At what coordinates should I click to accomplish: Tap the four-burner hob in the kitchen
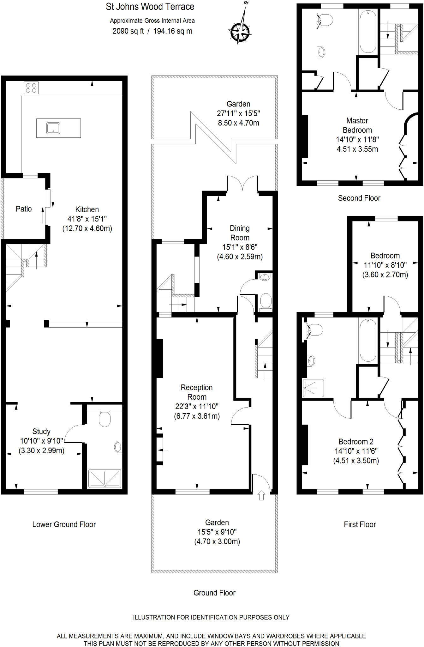(31, 88)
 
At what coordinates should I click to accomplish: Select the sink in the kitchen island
(53, 128)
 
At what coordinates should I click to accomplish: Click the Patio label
(24, 209)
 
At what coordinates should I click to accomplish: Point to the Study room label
(41, 432)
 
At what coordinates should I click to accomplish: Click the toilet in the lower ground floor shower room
(105, 419)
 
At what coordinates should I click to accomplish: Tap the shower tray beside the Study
(105, 478)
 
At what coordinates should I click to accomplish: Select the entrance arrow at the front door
(261, 495)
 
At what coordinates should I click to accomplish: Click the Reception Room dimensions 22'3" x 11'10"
(197, 407)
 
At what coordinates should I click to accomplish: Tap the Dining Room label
(240, 233)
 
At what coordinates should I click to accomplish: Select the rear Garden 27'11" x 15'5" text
(238, 113)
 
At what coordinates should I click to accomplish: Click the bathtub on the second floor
(368, 32)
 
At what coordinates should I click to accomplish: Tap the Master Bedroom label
(357, 125)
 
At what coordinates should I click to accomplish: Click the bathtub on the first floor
(368, 340)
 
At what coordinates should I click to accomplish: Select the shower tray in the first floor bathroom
(314, 387)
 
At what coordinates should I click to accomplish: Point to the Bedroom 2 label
(356, 442)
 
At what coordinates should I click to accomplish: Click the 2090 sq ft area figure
(128, 31)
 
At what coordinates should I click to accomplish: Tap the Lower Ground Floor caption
(64, 524)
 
